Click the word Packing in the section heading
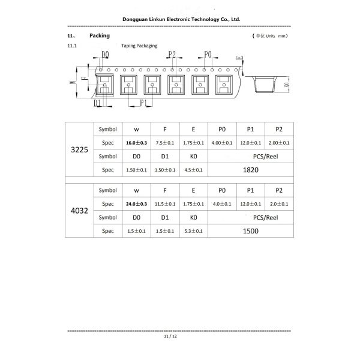click(x=100, y=36)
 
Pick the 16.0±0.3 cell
click(x=137, y=143)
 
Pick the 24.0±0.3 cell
click(x=137, y=204)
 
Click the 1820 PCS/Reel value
click(x=251, y=170)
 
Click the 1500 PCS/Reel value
click(x=251, y=231)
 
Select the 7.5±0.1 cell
click(x=165, y=143)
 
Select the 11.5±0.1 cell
click(x=165, y=204)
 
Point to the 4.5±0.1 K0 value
click(x=193, y=170)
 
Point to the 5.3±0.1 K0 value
click(x=193, y=231)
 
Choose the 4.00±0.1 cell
click(x=222, y=143)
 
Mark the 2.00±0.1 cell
click(x=279, y=143)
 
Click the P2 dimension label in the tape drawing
click(x=172, y=55)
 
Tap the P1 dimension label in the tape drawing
click(x=144, y=103)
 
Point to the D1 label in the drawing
click(x=97, y=103)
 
